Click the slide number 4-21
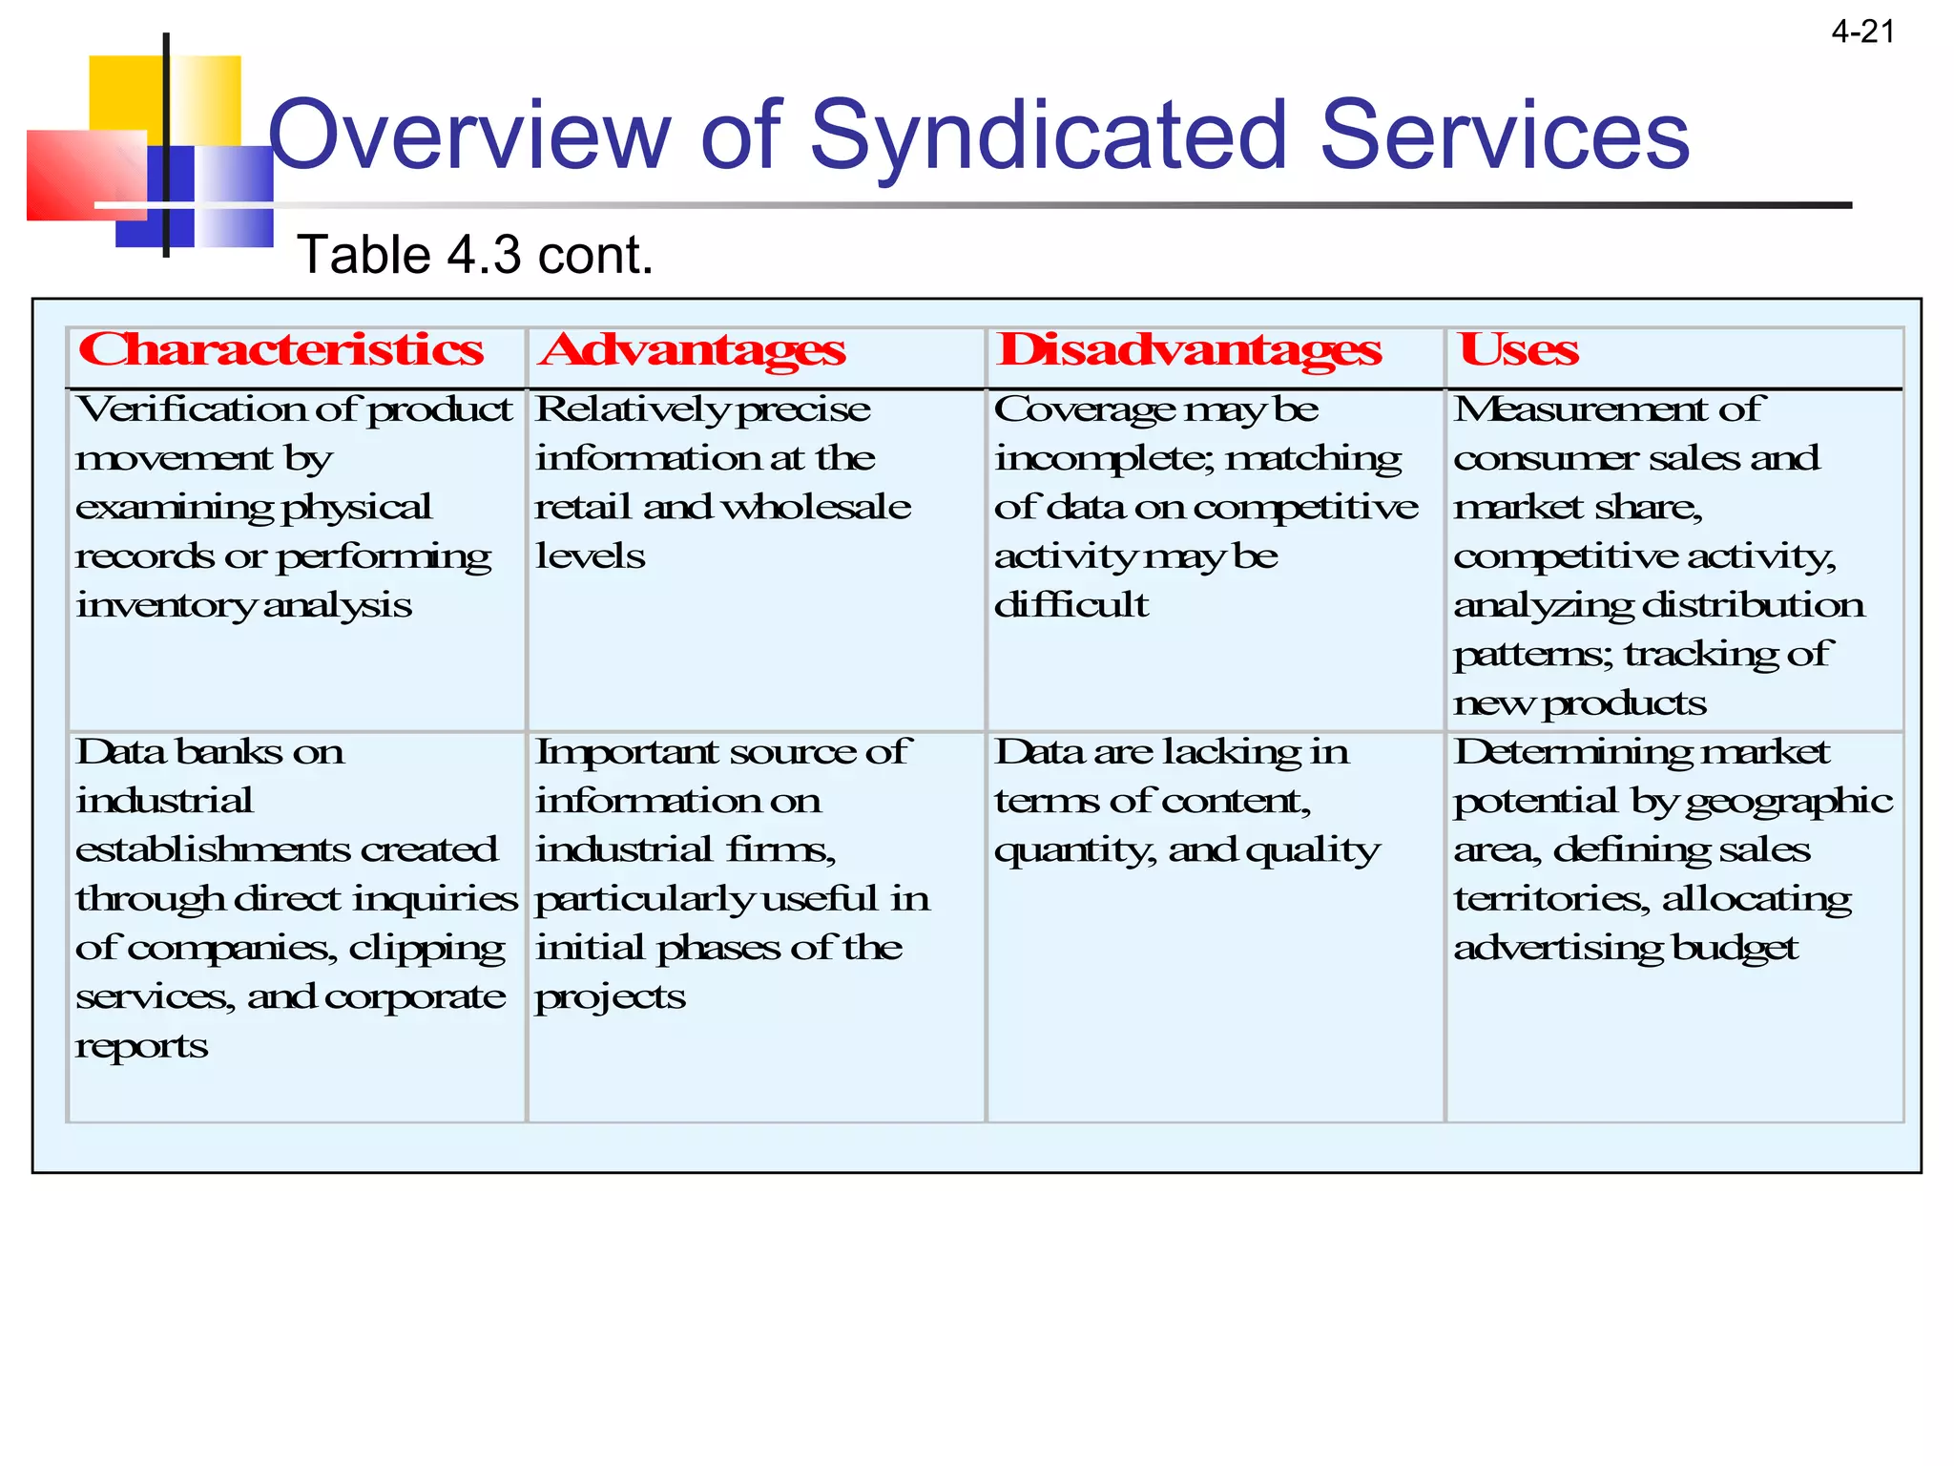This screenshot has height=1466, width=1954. tap(1862, 32)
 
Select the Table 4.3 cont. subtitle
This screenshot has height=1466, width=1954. tap(475, 255)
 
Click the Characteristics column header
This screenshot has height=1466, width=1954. tap(281, 350)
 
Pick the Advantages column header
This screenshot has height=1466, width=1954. tap(692, 350)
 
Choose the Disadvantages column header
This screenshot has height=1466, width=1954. tap(1189, 350)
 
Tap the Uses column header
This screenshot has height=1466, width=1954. tap(1518, 350)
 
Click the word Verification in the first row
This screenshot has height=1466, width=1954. tap(191, 409)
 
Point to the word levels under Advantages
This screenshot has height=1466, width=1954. tap(590, 556)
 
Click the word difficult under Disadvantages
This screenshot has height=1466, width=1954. tap(1071, 605)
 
